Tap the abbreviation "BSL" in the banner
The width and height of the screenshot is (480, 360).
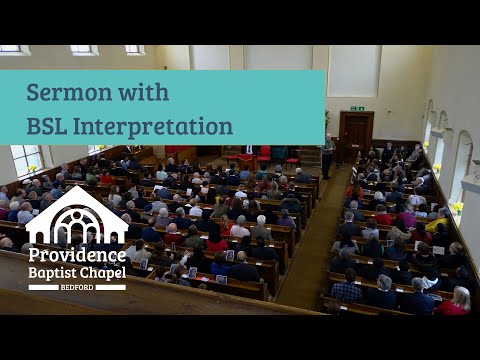pos(51,126)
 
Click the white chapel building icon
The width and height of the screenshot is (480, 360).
pos(77,215)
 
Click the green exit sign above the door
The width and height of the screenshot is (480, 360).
pos(357,107)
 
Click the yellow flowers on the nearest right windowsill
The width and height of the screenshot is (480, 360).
pos(457,208)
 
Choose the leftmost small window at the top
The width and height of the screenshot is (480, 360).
pos(12,49)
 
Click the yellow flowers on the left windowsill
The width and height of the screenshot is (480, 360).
pos(33,168)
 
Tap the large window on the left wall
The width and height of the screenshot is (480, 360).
pos(25,159)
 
